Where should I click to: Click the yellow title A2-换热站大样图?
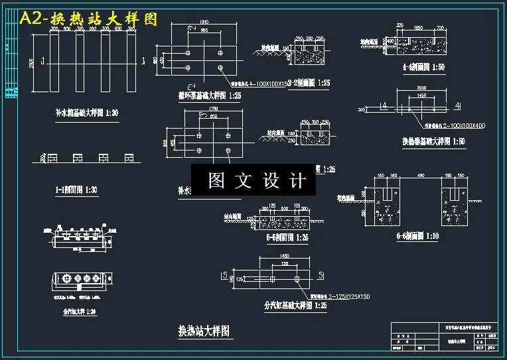pos(89,19)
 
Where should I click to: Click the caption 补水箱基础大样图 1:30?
pos(86,113)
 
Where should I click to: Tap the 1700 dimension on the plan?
pos(213,108)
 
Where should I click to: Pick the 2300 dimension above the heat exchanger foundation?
pos(421,88)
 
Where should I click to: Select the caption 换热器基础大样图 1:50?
pos(433,141)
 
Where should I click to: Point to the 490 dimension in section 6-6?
pos(419,176)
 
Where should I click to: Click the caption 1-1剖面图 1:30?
pos(76,190)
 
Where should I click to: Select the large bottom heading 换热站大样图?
pos(204,330)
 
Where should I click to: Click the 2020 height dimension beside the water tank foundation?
pos(33,63)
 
